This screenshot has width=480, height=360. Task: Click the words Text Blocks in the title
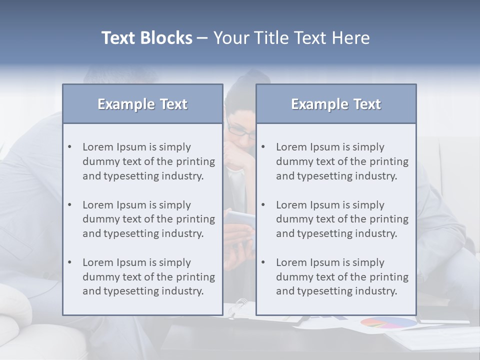point(147,38)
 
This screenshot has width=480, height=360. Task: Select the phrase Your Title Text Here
point(291,38)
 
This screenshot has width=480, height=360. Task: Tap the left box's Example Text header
point(142,104)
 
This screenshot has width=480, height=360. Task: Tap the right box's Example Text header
point(336,104)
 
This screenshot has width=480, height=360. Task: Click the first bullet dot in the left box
point(69,147)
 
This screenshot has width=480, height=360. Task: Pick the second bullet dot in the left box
point(69,205)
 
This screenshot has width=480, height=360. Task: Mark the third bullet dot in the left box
point(69,262)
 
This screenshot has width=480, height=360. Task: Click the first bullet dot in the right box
point(263,147)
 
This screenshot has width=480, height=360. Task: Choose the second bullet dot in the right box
point(263,205)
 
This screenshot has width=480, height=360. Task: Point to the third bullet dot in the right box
point(263,262)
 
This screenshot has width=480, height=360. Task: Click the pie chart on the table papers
point(388,323)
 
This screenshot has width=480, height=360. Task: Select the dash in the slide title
point(203,38)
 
